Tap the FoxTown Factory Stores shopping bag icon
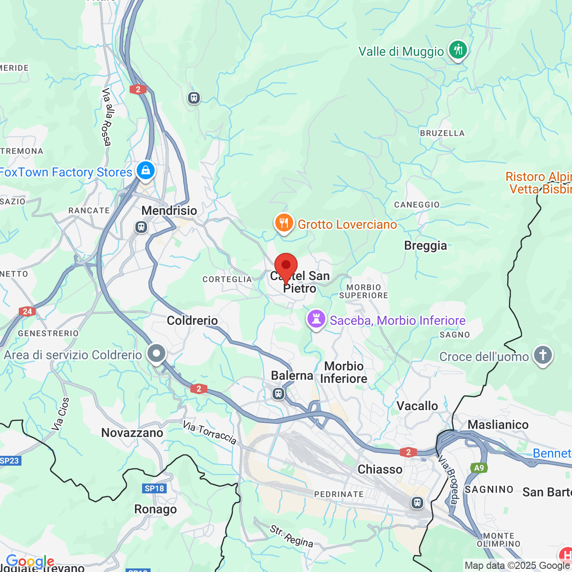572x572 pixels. (146, 171)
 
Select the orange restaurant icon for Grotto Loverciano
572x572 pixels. (284, 223)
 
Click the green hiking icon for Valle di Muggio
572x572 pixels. (458, 50)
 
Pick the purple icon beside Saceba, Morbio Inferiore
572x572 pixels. (316, 320)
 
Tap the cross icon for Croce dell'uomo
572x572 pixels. (543, 355)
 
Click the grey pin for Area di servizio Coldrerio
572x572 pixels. (156, 353)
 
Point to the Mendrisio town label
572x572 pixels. (169, 210)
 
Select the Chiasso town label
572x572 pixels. (380, 469)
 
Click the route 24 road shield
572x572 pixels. (27, 311)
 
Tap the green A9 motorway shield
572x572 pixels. (479, 468)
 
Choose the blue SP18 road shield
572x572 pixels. (154, 488)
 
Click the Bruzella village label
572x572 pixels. (442, 133)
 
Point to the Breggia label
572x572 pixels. (425, 245)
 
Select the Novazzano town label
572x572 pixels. (132, 433)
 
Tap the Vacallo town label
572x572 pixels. (417, 406)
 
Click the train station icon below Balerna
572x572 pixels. (278, 394)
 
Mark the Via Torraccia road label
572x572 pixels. (210, 433)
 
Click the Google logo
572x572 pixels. (30, 561)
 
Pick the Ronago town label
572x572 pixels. (156, 509)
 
